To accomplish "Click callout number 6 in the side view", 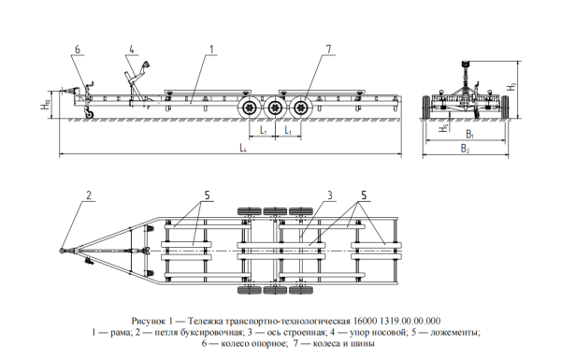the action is pyautogui.click(x=78, y=50).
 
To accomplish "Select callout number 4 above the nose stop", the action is pyautogui.click(x=132, y=50).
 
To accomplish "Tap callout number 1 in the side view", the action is pyautogui.click(x=211, y=50).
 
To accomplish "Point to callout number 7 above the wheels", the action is pyautogui.click(x=329, y=50).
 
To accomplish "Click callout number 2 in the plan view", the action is pyautogui.click(x=89, y=195).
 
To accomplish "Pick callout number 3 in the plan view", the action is pyautogui.click(x=330, y=195).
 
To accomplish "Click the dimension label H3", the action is pyautogui.click(x=513, y=86).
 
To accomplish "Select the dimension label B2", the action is pyautogui.click(x=465, y=148).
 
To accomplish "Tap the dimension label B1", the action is pyautogui.click(x=469, y=135).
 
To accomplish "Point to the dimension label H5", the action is pyautogui.click(x=444, y=128).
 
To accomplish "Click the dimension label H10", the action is pyautogui.click(x=45, y=105).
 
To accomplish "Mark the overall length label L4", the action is pyautogui.click(x=243, y=148).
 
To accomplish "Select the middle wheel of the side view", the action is pyautogui.click(x=274, y=107).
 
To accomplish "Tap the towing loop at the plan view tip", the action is pyautogui.click(x=61, y=252).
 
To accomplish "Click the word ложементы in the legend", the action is pyautogui.click(x=454, y=333).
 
